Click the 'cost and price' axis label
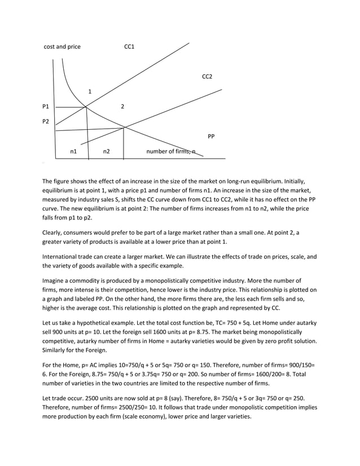click(62, 47)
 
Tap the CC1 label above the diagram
click(129, 47)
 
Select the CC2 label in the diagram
click(207, 76)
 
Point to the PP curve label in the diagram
click(211, 137)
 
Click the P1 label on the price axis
click(46, 107)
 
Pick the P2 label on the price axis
click(46, 122)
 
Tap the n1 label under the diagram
click(73, 152)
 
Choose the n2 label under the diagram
click(106, 152)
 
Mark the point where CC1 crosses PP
click(86, 107)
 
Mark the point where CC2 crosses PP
click(124, 128)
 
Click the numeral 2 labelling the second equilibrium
click(122, 107)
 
